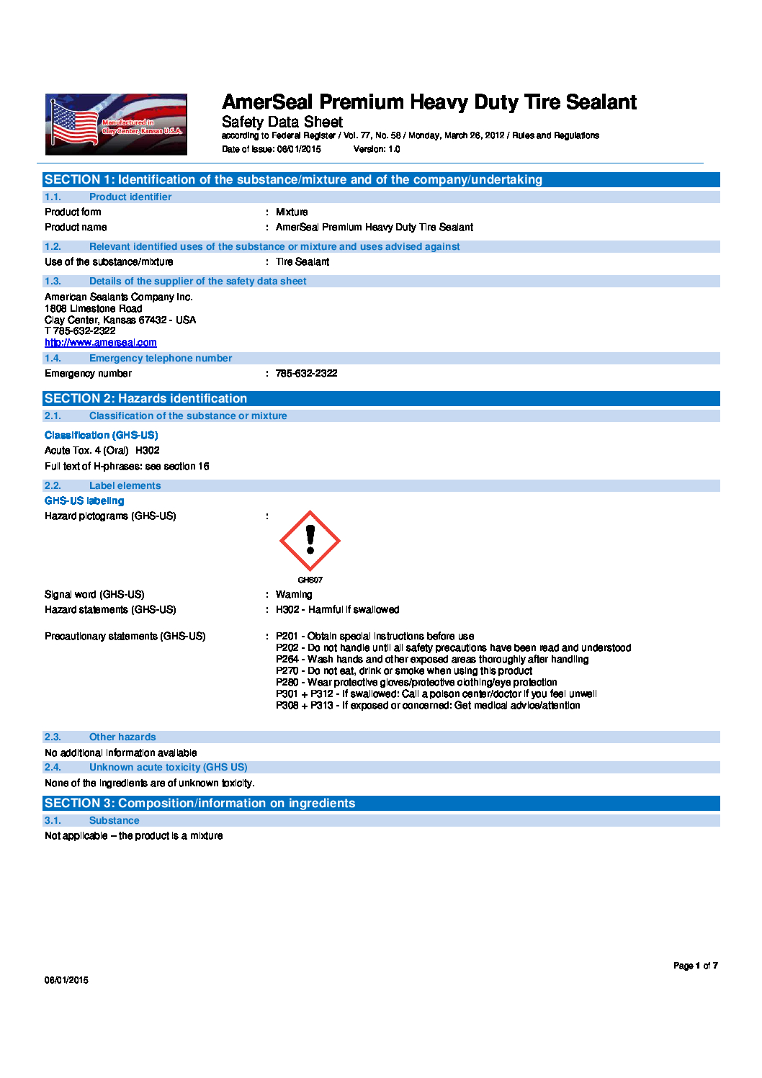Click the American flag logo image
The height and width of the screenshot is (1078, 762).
[116, 124]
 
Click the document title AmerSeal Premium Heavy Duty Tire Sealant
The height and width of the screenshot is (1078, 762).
[429, 102]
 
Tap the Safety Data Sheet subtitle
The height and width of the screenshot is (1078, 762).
[282, 122]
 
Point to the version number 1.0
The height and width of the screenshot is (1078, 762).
[394, 149]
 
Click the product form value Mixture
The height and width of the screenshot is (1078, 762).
[292, 212]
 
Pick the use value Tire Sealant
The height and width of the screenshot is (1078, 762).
[302, 261]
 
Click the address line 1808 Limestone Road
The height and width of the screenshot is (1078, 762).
[94, 308]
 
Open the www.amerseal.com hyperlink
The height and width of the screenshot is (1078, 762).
[101, 343]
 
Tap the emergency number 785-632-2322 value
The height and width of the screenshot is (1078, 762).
[306, 373]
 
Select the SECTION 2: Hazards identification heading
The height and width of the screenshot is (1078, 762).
[146, 398]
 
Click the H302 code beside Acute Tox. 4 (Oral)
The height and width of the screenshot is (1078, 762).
[148, 450]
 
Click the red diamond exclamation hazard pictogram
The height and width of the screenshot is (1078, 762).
[310, 541]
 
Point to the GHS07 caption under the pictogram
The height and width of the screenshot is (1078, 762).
[310, 580]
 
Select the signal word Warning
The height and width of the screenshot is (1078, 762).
[294, 594]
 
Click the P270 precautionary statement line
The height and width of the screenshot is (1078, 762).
[404, 670]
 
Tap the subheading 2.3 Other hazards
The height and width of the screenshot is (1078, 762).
[122, 737]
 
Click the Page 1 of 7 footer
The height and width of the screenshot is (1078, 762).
[695, 966]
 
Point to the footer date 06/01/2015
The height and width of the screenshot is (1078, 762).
[66, 980]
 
